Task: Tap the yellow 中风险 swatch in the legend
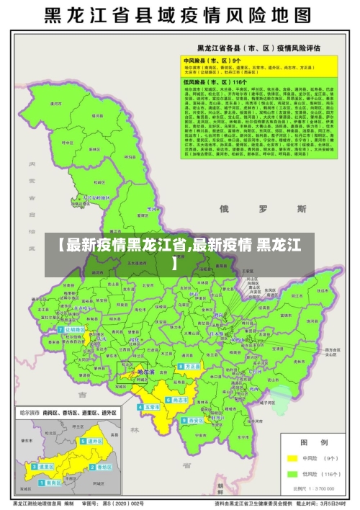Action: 292,457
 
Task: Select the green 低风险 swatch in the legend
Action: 292,474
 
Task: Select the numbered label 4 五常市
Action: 152,407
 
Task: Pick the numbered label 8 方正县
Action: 191,366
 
